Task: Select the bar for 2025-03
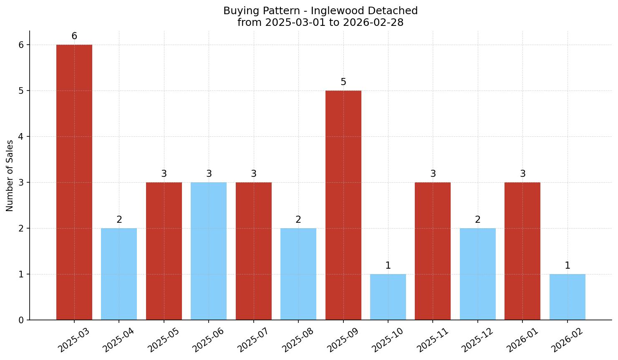74,182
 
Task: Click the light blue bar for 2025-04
119,274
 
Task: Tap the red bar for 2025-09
343,205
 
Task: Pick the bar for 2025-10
388,297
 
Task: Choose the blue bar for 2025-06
209,251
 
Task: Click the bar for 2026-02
567,297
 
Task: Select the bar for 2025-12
478,274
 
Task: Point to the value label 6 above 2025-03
74,36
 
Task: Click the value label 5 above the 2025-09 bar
343,82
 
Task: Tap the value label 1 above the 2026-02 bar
568,266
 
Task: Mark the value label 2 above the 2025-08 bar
298,220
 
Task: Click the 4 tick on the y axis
21,137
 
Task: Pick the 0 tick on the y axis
21,320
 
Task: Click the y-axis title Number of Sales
10,176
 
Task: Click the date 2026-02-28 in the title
373,23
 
